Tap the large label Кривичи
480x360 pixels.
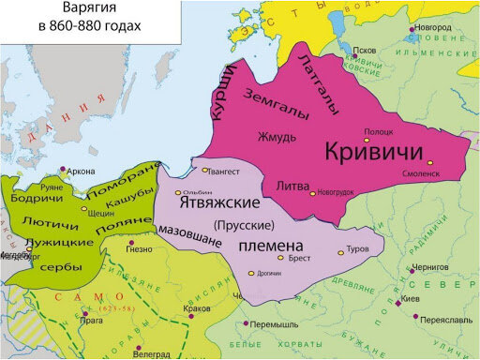click(x=374, y=153)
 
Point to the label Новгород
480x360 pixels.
click(x=441, y=28)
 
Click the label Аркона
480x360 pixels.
click(x=82, y=171)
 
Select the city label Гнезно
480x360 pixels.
click(x=138, y=249)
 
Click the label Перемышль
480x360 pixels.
click(x=275, y=323)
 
